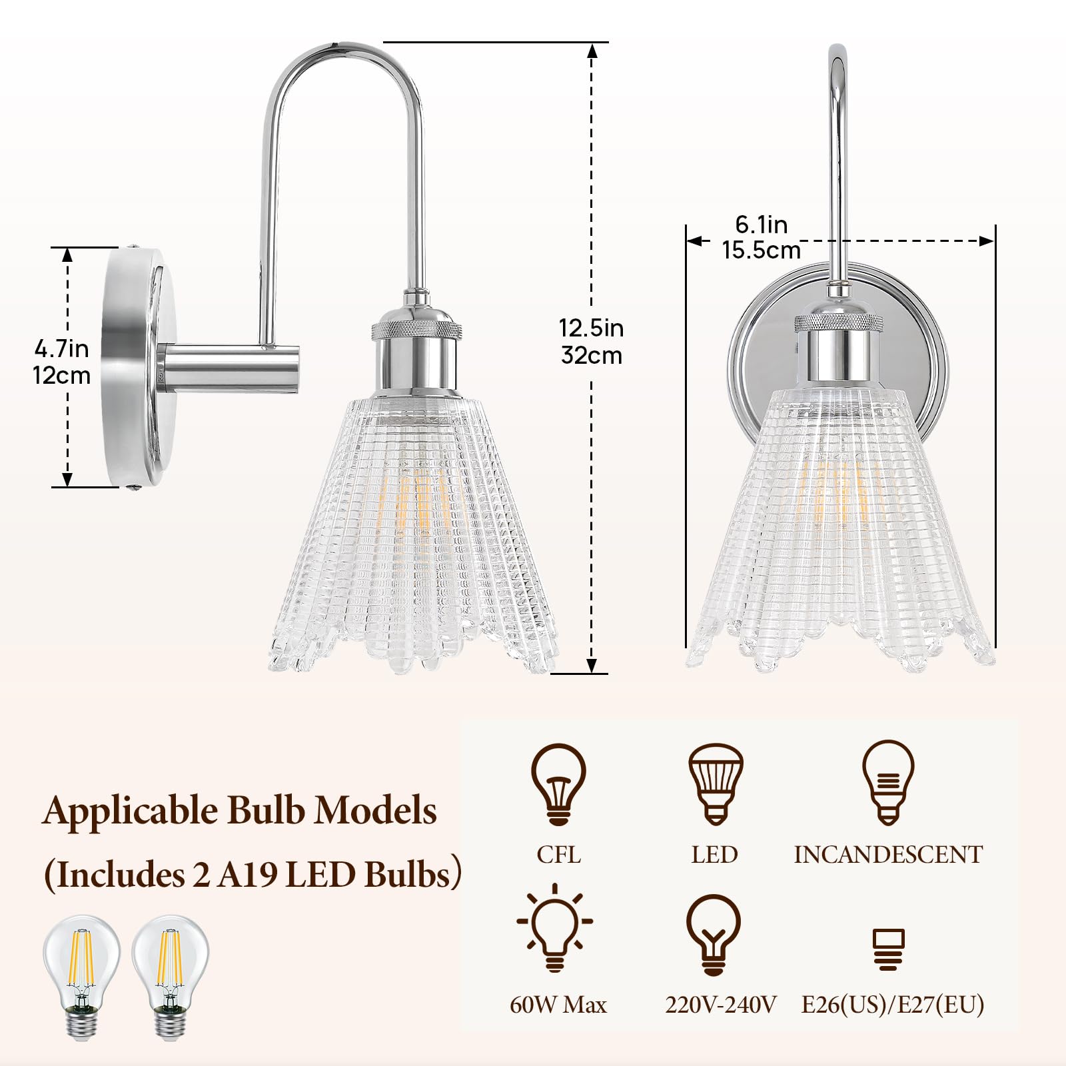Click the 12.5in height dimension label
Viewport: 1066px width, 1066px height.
pos(591,328)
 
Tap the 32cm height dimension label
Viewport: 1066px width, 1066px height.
pos(592,355)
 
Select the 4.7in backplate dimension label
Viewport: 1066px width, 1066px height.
pos(61,348)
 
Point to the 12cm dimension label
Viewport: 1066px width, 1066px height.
pos(61,375)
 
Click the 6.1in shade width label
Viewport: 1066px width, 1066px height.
pos(762,225)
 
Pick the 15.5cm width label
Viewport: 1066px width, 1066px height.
pos(762,251)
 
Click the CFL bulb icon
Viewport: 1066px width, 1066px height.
pos(558,784)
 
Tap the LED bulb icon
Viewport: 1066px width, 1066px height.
pos(715,784)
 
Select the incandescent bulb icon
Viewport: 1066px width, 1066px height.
pos(888,783)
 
